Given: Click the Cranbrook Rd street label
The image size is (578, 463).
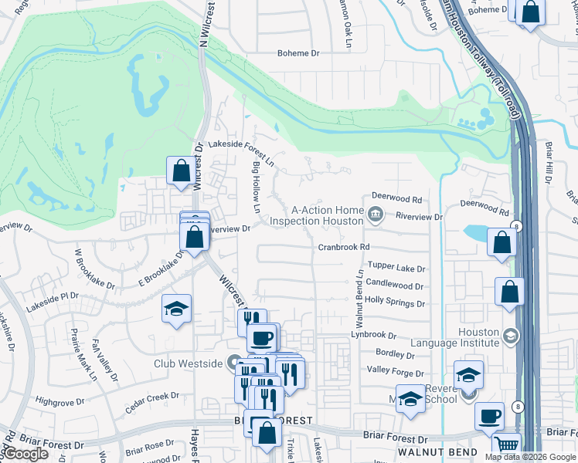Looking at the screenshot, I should [x=345, y=248].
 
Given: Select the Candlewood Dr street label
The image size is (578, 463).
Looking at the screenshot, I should [x=395, y=285].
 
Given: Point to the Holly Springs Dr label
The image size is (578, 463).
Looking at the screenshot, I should [x=395, y=299].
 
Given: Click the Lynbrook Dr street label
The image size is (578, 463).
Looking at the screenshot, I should [x=373, y=336].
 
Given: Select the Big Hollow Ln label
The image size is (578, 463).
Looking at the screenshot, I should [x=256, y=188].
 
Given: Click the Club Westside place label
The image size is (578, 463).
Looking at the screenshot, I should [x=189, y=363].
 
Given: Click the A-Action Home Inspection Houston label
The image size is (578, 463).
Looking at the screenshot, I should [x=327, y=215].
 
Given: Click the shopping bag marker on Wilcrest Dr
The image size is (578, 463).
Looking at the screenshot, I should [x=181, y=171].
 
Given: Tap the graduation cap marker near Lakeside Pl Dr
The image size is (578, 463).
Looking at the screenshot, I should [x=176, y=309].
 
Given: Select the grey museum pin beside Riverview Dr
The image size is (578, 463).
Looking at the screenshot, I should [x=376, y=214].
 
